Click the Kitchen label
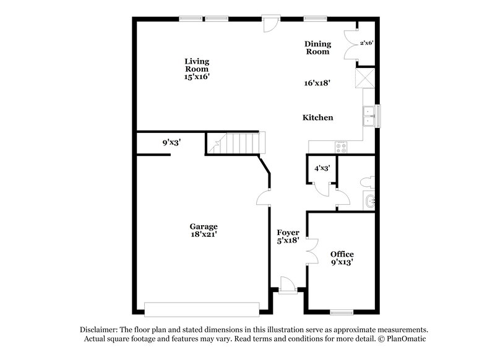pos(317,118)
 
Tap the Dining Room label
pos(317,48)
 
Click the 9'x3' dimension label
pos(171,143)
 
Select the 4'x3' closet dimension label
pos(322,168)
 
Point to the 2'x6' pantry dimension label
pos(366,43)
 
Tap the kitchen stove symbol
pos(341,147)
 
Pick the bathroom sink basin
pos(370,200)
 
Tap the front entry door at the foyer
pos(286,285)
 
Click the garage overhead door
pos(201,308)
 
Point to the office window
pos(342,311)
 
